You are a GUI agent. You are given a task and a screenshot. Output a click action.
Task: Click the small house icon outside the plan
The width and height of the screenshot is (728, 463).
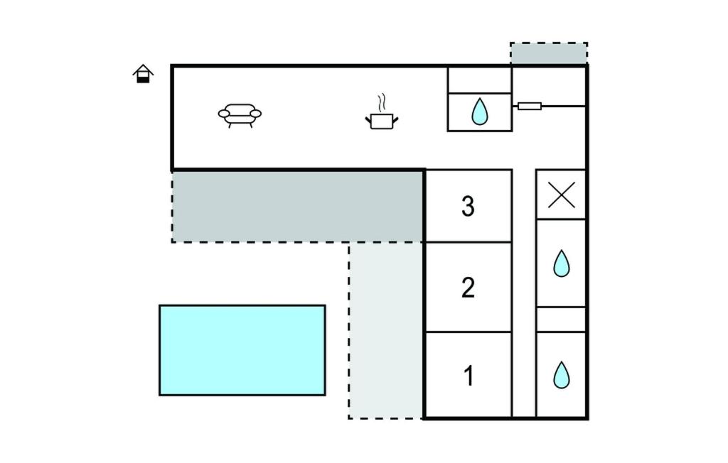coord(144,74)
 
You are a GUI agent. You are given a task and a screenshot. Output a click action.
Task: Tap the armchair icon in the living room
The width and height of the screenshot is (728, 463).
coord(240,114)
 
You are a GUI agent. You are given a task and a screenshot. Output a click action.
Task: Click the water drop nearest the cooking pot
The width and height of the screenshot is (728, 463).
coord(480,111)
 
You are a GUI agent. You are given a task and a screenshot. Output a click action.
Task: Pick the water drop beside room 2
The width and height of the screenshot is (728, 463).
coord(562,263)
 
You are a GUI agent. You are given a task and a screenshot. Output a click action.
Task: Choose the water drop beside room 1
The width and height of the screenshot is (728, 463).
coord(562,375)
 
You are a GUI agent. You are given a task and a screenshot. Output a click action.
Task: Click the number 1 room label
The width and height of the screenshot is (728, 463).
coord(468,376)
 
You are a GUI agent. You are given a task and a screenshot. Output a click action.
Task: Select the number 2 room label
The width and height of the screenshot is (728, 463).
coord(468,288)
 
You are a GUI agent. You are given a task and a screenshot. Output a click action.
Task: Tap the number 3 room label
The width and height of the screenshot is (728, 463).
coord(468,206)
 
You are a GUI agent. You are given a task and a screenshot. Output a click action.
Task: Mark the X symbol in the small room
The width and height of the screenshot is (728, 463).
coord(562,195)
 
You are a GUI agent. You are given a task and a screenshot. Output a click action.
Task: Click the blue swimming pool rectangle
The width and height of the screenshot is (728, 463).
coord(242,350)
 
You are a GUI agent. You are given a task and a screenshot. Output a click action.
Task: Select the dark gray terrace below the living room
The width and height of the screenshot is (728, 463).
coord(298,206)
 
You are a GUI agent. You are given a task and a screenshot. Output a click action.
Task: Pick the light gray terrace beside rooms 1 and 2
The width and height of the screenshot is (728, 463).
coord(386,330)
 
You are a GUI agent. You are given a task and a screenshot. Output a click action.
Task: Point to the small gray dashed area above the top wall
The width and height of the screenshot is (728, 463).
coord(549,54)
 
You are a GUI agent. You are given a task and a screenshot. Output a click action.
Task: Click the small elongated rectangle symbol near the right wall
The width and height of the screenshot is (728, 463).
coord(529,107)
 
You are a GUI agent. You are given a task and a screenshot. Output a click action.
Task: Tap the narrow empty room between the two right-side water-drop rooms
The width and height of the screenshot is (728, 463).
coord(561,320)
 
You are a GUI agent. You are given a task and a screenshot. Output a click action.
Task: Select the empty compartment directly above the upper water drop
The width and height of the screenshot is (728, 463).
coord(479,80)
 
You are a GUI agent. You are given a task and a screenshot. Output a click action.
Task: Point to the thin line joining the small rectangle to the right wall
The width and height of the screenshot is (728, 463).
coord(563,107)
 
